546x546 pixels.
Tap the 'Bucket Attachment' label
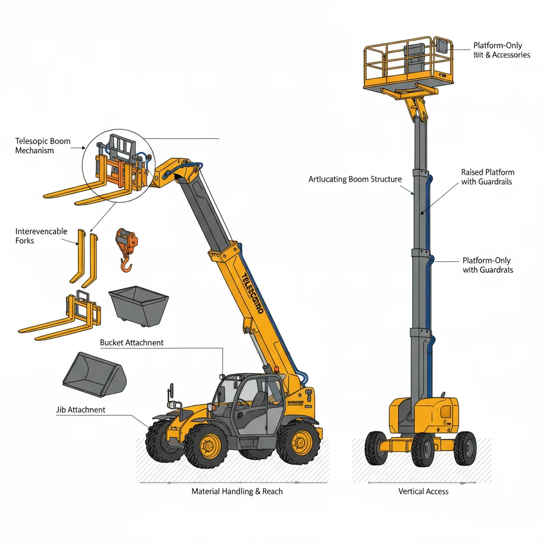[x=132, y=342]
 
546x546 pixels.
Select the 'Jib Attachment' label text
[x=81, y=409]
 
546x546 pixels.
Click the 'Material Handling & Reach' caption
[x=237, y=491]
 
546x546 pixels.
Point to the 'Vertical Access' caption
[x=423, y=491]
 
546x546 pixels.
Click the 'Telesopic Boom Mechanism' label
[x=43, y=146]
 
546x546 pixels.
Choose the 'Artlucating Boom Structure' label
[x=355, y=179]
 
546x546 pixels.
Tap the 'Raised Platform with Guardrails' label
[x=488, y=177]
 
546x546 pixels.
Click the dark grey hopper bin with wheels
[x=139, y=306]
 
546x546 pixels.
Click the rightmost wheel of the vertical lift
[x=465, y=448]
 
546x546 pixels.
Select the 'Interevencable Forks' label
[x=41, y=236]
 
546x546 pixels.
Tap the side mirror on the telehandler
[x=171, y=390]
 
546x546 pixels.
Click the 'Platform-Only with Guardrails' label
[x=487, y=265]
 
